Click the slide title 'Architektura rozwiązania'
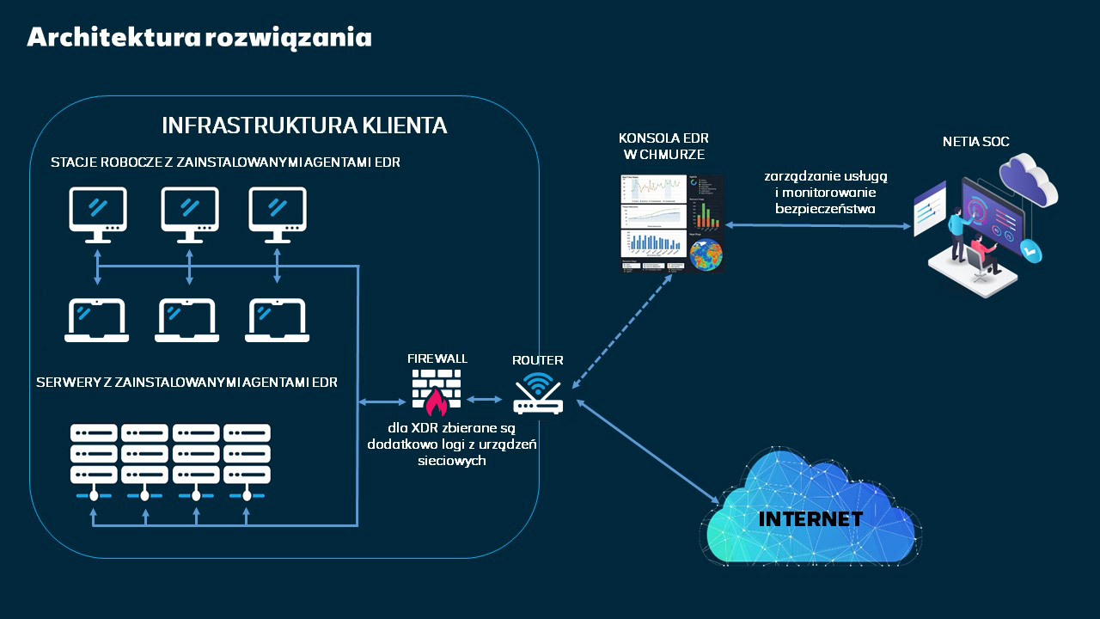point(199,38)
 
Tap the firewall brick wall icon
point(436,392)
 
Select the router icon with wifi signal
point(538,395)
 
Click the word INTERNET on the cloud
point(810,519)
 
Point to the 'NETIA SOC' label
point(975,141)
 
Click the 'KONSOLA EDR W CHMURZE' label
point(663,145)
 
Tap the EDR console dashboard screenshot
point(671,224)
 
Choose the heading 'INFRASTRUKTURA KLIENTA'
point(304,126)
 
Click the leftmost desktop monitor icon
point(98,213)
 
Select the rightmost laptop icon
point(278,320)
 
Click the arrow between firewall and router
point(485,399)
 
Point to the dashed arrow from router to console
point(621,330)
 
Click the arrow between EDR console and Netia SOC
point(817,225)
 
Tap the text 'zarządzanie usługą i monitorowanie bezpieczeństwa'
point(825,191)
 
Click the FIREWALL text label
point(437,358)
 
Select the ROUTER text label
point(538,360)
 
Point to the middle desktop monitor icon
point(190,213)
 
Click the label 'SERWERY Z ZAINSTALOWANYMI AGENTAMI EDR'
point(186,382)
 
